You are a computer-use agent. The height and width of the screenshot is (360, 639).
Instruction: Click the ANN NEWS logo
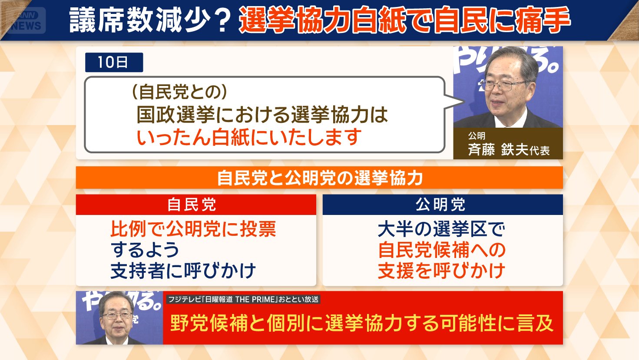(26, 20)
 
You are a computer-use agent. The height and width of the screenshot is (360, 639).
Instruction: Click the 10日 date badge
(114, 62)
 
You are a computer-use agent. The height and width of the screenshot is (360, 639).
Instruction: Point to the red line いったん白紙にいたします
(249, 137)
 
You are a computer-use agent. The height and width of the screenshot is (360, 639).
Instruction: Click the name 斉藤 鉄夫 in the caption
(498, 149)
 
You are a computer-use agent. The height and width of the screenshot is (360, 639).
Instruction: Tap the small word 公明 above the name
(477, 135)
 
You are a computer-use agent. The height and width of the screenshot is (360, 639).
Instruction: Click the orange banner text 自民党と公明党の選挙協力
(320, 178)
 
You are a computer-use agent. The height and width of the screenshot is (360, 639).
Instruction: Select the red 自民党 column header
(196, 205)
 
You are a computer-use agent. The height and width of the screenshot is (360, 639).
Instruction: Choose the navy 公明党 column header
(443, 205)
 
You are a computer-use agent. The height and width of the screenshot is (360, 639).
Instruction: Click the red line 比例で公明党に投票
(193, 229)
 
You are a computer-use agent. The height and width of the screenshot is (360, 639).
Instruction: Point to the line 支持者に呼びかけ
(183, 271)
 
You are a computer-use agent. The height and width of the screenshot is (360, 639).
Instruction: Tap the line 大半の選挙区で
(441, 229)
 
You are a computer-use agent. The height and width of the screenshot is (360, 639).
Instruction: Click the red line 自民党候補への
(442, 250)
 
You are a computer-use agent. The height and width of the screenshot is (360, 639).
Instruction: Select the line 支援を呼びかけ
(441, 271)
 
